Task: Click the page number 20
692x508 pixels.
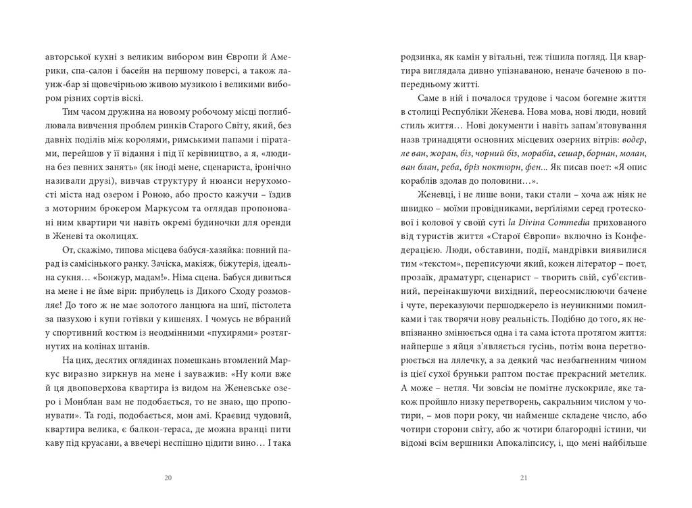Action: point(168,478)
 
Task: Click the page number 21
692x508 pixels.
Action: point(524,478)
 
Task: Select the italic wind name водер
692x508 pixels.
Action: point(635,139)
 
